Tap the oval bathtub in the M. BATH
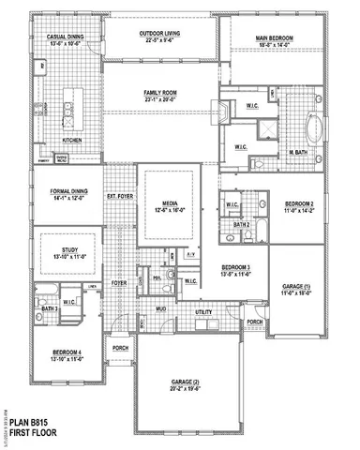(x=317, y=123)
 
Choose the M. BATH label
(x=299, y=152)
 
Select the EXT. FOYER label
(x=119, y=196)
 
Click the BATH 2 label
(x=241, y=225)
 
